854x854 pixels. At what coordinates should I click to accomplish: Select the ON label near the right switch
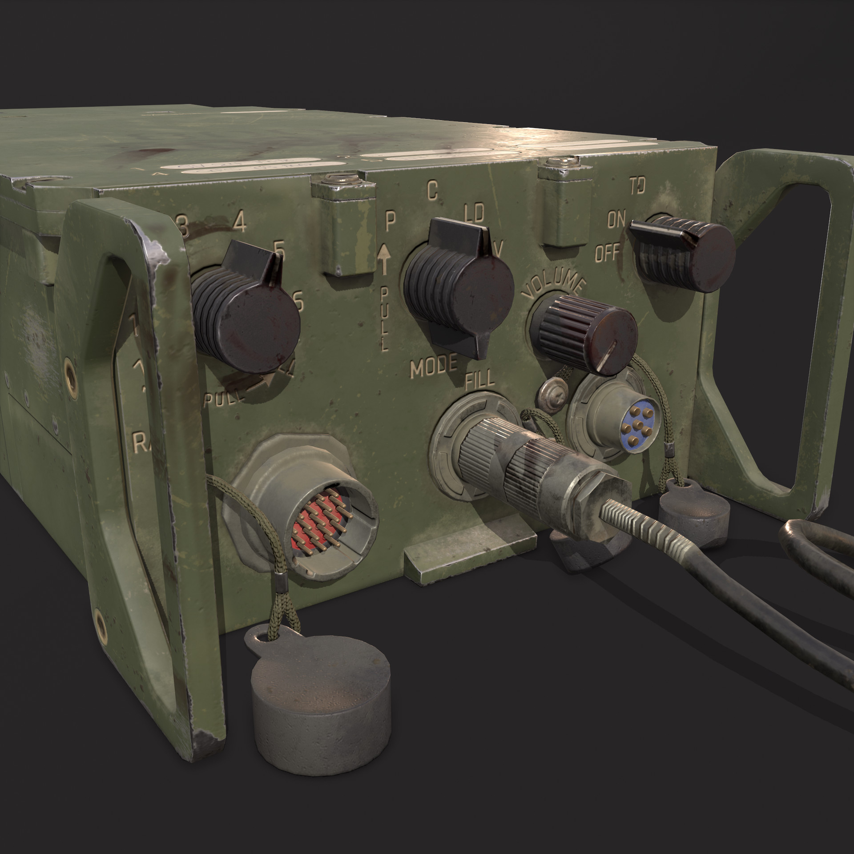pos(617,220)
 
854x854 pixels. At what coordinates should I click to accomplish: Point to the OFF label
pos(607,254)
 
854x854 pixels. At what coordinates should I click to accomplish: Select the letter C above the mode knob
pos(431,190)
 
